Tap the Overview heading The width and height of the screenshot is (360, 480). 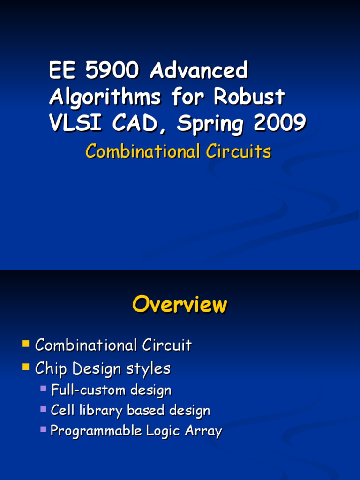pos(180,305)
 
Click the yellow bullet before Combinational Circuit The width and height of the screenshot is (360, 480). pos(26,345)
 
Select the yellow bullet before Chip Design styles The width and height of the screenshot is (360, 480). pos(26,367)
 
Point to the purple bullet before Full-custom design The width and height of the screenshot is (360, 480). pos(44,388)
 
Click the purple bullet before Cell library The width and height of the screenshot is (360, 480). pos(44,409)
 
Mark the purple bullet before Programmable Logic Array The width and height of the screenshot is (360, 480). pos(44,429)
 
